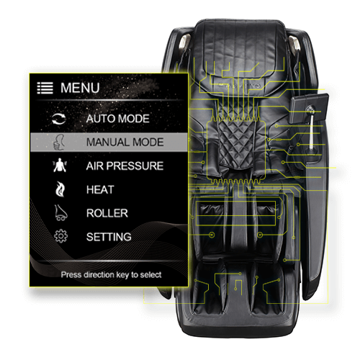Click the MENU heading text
[x=80, y=88]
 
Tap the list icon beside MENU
[x=45, y=88]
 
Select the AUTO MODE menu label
[x=118, y=119]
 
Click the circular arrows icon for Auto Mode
[x=59, y=119]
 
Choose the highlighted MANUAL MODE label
[x=125, y=142]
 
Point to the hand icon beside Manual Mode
[x=59, y=142]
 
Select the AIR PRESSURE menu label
[x=125, y=166]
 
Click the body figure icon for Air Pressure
[x=60, y=165]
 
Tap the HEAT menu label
[x=100, y=189]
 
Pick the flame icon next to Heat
[x=60, y=189]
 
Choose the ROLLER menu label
[x=107, y=213]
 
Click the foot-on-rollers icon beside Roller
[x=60, y=212]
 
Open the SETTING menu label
[x=109, y=237]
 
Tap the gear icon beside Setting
[x=60, y=236]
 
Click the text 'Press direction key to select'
[x=111, y=274]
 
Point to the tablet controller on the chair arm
[x=309, y=108]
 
